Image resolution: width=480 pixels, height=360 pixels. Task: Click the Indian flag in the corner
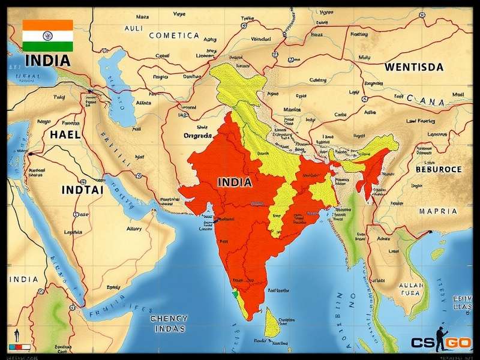[x=47, y=35]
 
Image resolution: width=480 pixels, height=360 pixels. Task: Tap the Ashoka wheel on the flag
[x=47, y=35]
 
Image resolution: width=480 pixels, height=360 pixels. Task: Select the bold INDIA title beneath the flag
[x=47, y=61]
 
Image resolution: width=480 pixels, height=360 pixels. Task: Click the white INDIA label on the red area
[x=235, y=182]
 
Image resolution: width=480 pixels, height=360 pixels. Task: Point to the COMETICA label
[x=173, y=35]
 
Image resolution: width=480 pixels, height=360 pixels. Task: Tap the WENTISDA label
[x=414, y=67]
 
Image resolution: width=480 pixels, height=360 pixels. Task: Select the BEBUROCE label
[x=439, y=169]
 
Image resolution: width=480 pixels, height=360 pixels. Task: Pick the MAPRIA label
[x=437, y=211]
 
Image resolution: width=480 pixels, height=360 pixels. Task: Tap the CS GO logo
[x=441, y=343]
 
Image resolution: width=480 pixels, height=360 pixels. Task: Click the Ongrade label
[x=197, y=136]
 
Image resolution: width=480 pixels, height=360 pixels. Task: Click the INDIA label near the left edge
[x=23, y=280]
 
